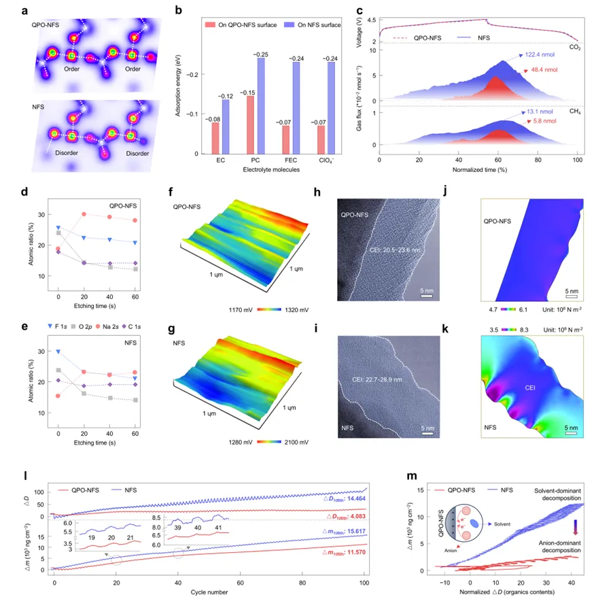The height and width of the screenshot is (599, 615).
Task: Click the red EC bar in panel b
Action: tap(215, 138)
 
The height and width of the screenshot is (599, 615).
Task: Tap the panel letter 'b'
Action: tap(179, 10)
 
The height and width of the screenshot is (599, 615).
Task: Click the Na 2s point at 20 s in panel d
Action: tap(84, 214)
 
